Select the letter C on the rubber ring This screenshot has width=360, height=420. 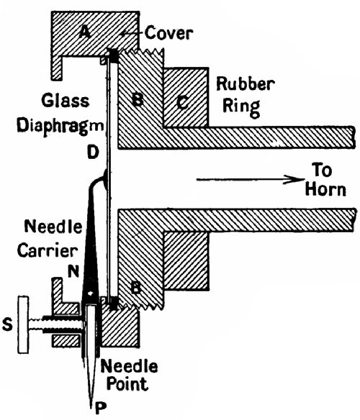click(x=183, y=101)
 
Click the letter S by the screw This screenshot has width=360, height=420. click(x=8, y=323)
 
